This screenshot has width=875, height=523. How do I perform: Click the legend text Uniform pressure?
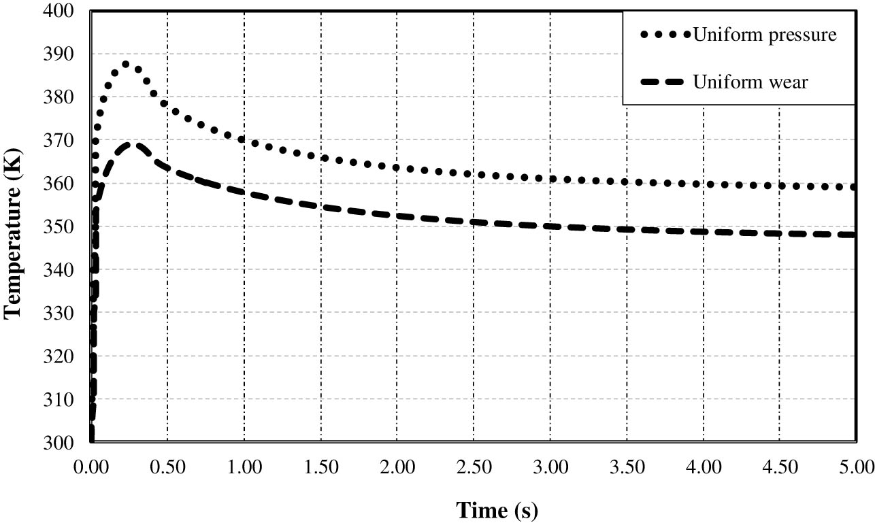[x=764, y=35]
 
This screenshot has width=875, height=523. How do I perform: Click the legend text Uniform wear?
[x=750, y=83]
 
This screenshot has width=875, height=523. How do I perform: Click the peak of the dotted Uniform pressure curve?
[x=126, y=65]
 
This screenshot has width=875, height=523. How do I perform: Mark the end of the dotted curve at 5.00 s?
[x=854, y=187]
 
